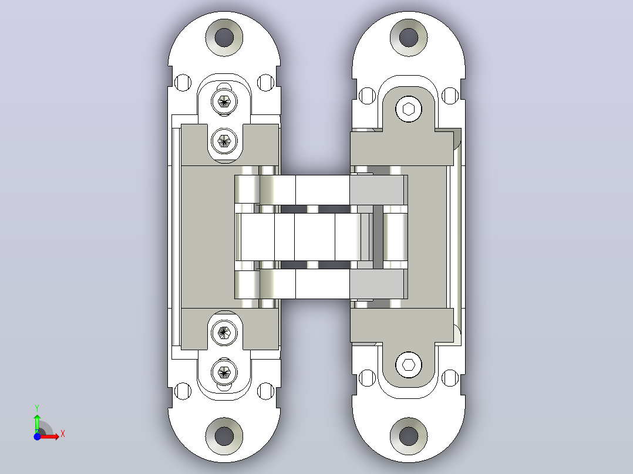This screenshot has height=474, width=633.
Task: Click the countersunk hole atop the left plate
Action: [x=224, y=38]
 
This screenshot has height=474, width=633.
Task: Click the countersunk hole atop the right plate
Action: [x=409, y=37]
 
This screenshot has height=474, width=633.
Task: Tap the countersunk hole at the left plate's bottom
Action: [x=224, y=436]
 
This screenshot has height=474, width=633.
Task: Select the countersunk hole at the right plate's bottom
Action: [x=409, y=436]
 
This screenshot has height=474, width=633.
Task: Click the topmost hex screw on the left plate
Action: [x=224, y=101]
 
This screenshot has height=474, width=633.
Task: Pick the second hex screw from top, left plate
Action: [x=224, y=141]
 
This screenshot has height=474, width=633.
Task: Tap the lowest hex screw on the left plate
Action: [x=224, y=372]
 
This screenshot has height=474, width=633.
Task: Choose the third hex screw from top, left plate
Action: [x=224, y=333]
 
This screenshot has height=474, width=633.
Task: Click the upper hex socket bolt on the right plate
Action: [x=409, y=109]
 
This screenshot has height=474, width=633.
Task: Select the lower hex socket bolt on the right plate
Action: [x=409, y=365]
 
